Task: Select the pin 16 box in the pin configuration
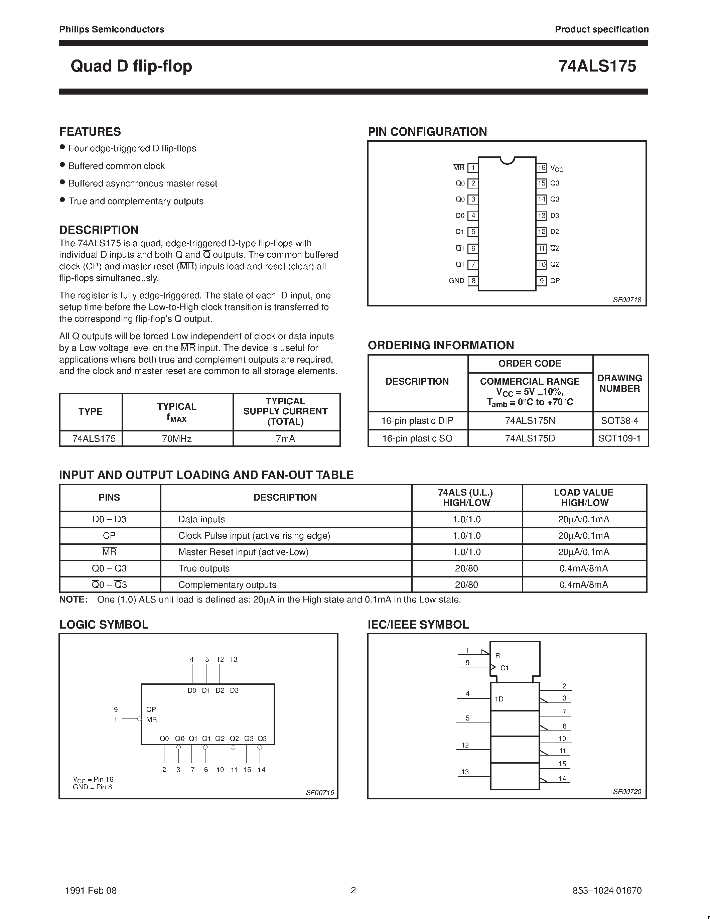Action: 541,167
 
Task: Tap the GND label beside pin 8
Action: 456,281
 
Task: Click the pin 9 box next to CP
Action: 541,281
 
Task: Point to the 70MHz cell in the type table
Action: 177,438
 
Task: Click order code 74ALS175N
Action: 530,420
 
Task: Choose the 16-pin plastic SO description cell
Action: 417,438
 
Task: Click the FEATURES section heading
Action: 90,132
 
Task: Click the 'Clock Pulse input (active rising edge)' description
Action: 254,536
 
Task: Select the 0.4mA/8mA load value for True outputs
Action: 583,568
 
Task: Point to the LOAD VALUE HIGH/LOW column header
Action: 583,497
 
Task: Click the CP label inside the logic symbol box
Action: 151,709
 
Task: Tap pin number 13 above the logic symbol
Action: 234,659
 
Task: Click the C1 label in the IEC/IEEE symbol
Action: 504,668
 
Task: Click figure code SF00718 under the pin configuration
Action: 627,300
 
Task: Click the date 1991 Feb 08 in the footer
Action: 91,890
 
